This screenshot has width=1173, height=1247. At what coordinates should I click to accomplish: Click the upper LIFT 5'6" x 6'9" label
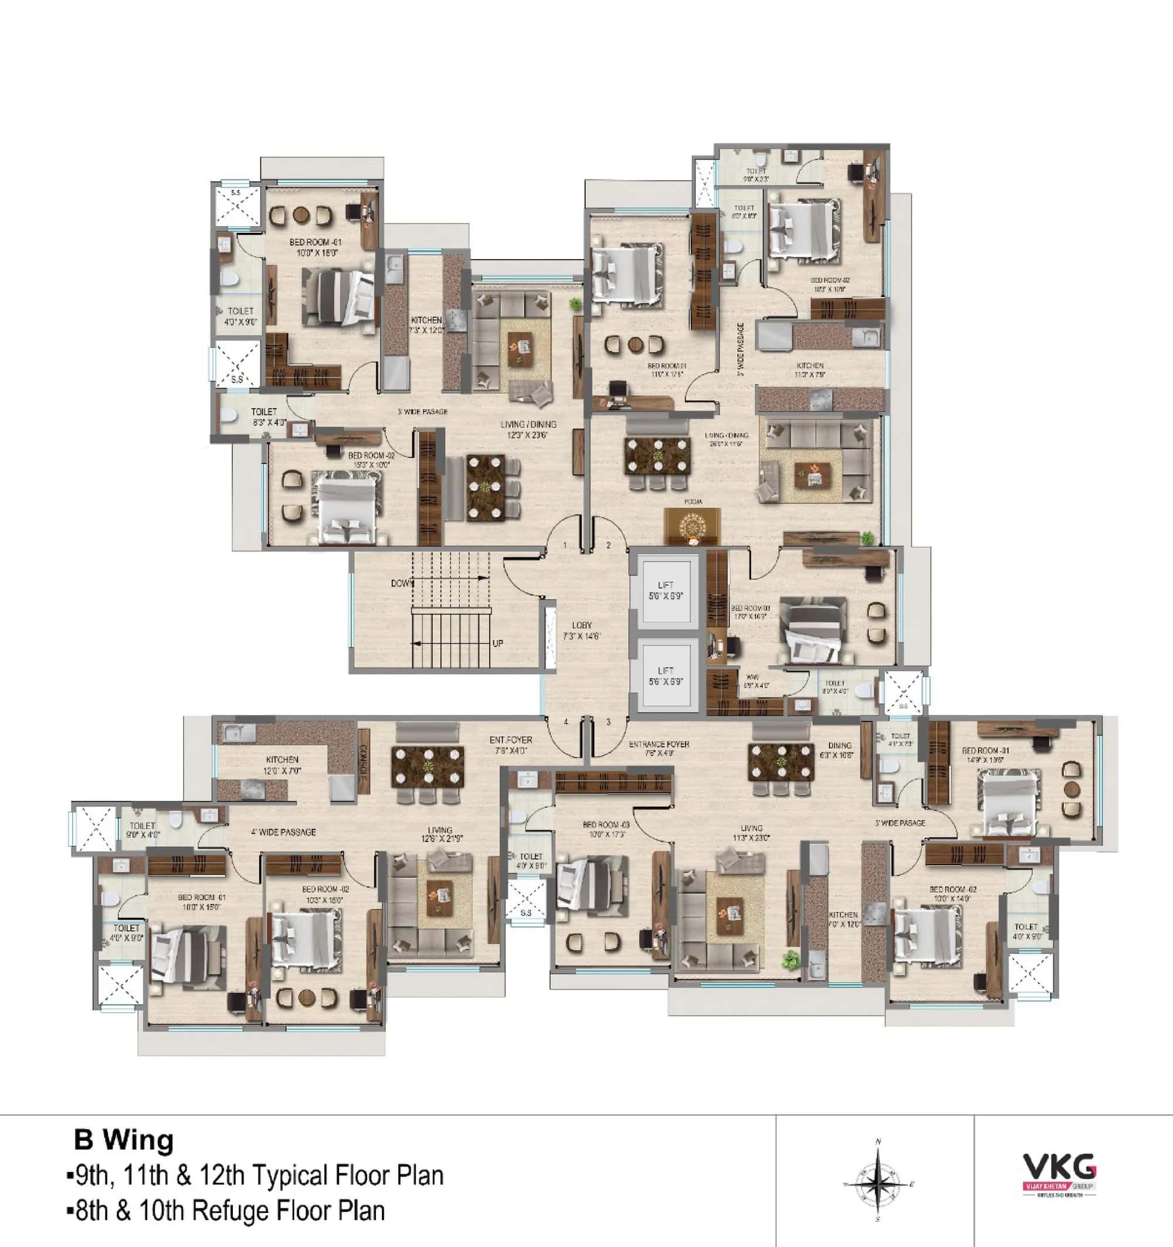tap(666, 590)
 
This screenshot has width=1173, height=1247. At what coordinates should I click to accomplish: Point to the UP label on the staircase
tap(497, 643)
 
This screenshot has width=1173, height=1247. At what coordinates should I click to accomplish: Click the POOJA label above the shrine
tap(693, 502)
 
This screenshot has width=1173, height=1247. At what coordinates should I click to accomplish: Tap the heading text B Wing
tap(124, 1140)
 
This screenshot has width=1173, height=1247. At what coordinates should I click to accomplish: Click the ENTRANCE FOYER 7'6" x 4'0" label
tap(659, 748)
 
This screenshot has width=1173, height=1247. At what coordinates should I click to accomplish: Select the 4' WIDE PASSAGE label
tap(283, 832)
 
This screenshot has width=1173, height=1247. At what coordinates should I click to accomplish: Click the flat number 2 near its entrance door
tap(608, 545)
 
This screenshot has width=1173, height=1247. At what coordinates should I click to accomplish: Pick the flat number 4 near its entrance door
tap(566, 722)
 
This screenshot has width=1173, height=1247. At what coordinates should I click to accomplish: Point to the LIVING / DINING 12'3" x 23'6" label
tap(528, 429)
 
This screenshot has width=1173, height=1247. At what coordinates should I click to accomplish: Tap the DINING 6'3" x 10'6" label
tap(839, 750)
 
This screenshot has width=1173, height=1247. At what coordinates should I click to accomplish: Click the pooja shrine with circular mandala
tap(692, 524)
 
